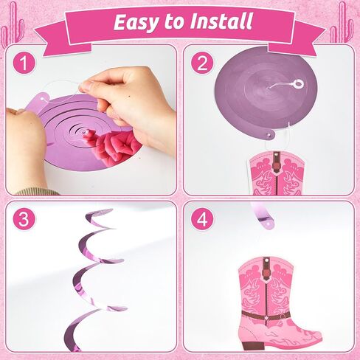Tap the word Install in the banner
click(x=221, y=21)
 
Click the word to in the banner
click(x=174, y=21)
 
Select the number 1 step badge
click(x=24, y=63)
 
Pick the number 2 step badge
click(x=202, y=63)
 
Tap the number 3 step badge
click(x=24, y=219)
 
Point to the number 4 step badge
click(x=202, y=219)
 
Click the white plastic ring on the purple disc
click(x=298, y=83)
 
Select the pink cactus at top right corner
click(x=342, y=24)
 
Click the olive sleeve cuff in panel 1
click(x=37, y=191)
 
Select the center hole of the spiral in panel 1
click(x=84, y=132)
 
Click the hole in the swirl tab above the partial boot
click(x=270, y=135)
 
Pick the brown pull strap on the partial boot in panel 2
click(x=277, y=162)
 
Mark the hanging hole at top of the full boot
click(x=266, y=259)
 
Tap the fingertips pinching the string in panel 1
click(x=83, y=86)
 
